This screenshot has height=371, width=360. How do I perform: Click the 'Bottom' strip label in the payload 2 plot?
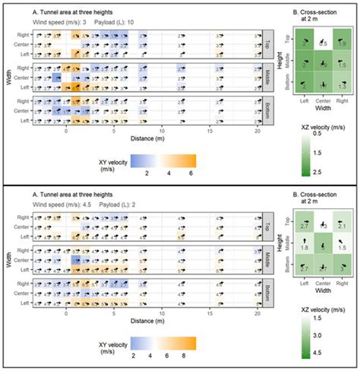267,287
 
